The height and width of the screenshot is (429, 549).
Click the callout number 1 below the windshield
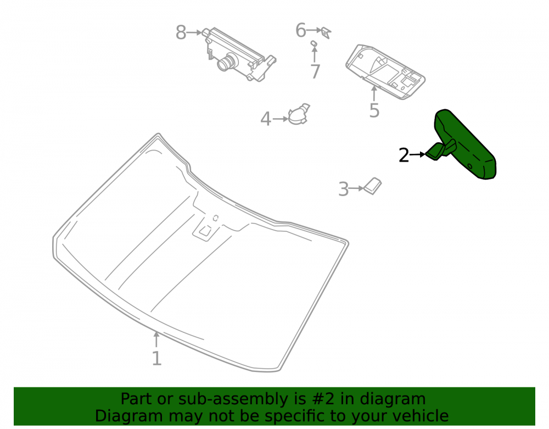point(156,358)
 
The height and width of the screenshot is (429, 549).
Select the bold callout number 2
point(404,155)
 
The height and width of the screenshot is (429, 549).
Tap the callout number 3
point(344,189)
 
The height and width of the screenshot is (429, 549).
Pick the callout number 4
point(266,119)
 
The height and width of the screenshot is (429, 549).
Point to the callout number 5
point(374,110)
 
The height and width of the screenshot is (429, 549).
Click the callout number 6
point(301,30)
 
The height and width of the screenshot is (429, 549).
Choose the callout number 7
point(315,71)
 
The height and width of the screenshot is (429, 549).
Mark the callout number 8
point(181,32)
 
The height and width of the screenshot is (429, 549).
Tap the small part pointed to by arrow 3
point(372,186)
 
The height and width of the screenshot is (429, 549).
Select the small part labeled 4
point(299,114)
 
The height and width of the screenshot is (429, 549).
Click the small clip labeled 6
point(326,32)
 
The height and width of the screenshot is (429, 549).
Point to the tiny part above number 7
point(314,43)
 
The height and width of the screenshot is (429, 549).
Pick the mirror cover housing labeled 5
point(385,72)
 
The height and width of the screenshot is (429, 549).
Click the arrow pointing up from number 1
point(156,339)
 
